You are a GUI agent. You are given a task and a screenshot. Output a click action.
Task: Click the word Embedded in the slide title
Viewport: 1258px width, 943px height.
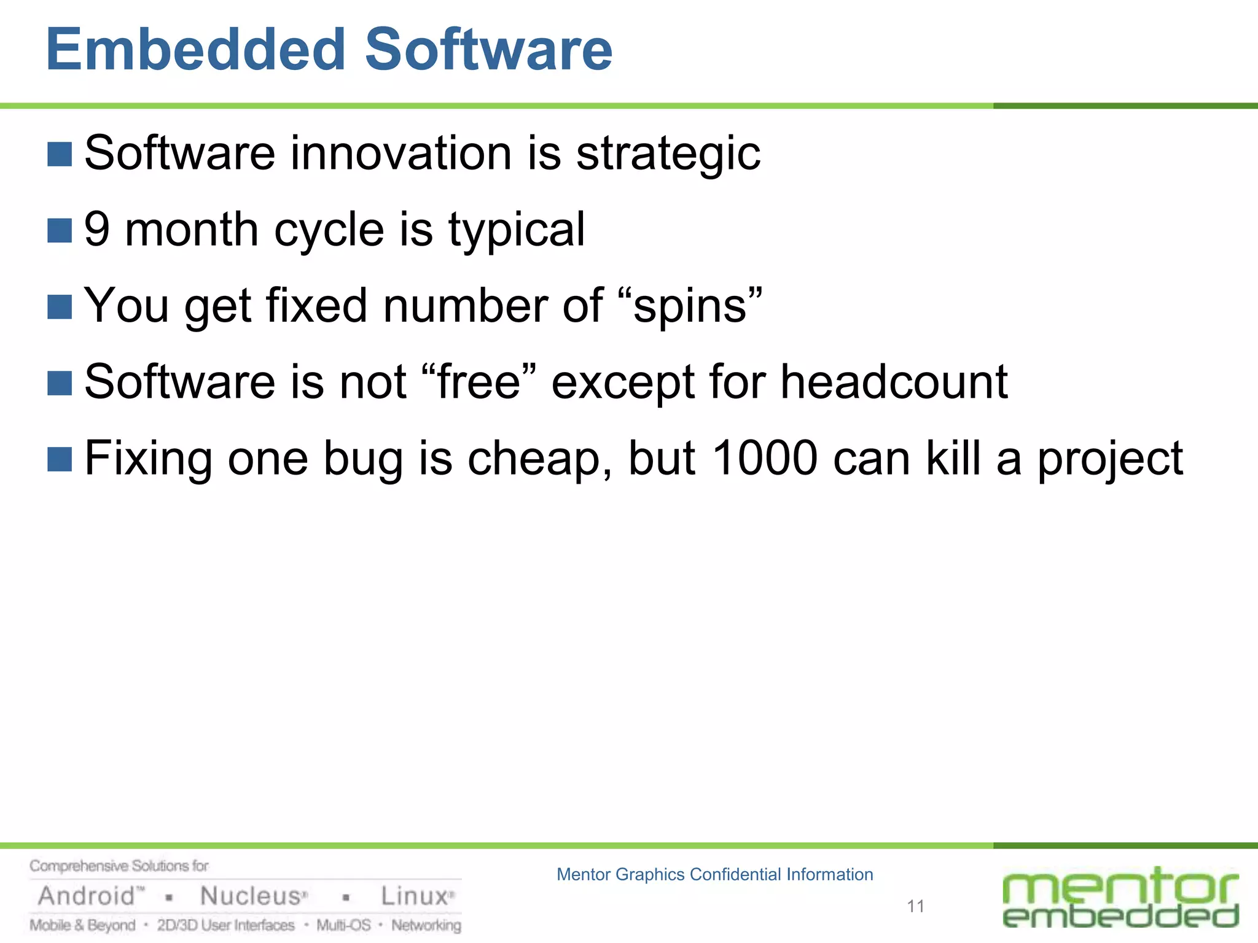pos(196,50)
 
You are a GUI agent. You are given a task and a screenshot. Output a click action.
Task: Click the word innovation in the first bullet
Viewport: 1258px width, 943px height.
pos(400,153)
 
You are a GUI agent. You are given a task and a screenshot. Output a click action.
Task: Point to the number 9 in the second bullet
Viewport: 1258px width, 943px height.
pos(97,230)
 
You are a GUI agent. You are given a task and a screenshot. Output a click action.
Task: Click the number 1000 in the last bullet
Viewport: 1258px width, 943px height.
pos(765,458)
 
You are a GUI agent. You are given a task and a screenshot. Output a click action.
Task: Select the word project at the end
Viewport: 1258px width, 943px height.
pos(1109,459)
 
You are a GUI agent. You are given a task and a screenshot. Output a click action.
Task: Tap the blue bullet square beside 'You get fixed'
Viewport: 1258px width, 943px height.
pos(60,306)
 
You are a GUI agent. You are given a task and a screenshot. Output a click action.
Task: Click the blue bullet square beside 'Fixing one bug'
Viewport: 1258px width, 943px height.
pos(60,459)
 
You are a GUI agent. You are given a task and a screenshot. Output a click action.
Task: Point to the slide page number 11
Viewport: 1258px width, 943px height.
pos(915,906)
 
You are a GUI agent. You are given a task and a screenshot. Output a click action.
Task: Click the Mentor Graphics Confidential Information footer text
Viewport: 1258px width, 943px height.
pos(714,874)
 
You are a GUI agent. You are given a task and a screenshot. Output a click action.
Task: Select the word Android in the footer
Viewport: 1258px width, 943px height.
pos(87,896)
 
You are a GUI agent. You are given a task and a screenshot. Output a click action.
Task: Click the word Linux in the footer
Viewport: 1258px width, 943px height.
pos(414,896)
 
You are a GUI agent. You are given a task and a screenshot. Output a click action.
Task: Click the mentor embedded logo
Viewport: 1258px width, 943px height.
pos(1120,898)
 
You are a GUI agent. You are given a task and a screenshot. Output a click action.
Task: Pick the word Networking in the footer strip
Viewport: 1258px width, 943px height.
pos(426,925)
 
